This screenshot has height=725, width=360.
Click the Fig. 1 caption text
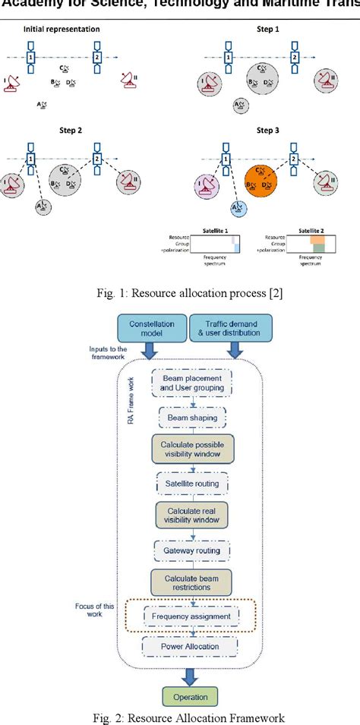pos(179,290)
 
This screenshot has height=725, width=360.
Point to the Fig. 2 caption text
pos(179,716)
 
